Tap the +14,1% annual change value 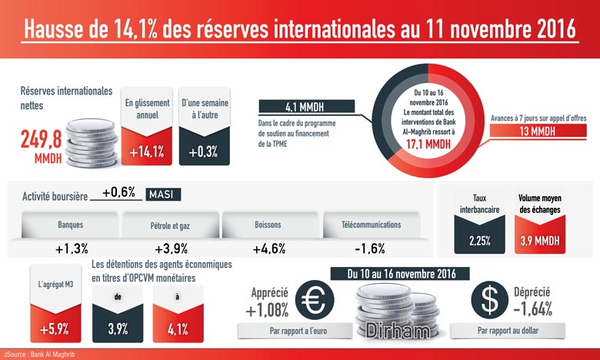tap(146, 152)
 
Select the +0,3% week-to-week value tap(202, 152)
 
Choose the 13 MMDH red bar tap(532, 132)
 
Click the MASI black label tap(163, 194)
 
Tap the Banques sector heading tap(72, 225)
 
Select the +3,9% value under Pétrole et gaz tap(171, 248)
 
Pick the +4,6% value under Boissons tap(269, 248)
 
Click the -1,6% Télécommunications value tap(371, 248)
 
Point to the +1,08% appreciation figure tap(269, 309)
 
